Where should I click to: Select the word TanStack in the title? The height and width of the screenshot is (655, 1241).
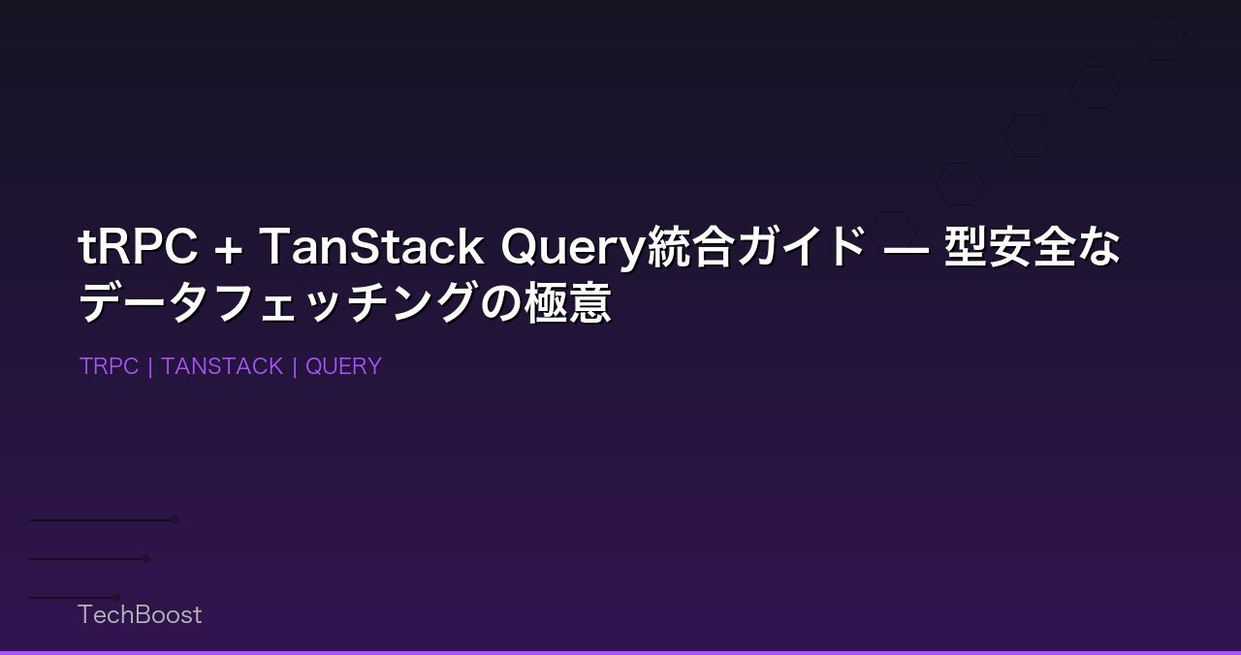371,248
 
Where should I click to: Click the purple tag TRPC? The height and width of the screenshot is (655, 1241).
109,366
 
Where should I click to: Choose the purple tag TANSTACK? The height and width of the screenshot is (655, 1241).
222,366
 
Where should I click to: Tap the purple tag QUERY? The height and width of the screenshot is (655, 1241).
343,366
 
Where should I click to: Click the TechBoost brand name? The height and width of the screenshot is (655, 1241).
140,614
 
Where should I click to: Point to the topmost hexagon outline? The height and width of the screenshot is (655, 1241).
1163,39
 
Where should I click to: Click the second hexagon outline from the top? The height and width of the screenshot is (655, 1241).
1096,87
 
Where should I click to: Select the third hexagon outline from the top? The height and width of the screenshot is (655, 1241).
1028,136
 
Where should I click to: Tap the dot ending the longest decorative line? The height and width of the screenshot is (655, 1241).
175,520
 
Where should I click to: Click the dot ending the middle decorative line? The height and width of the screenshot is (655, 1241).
146,558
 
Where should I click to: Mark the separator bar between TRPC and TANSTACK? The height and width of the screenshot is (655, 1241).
150,366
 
